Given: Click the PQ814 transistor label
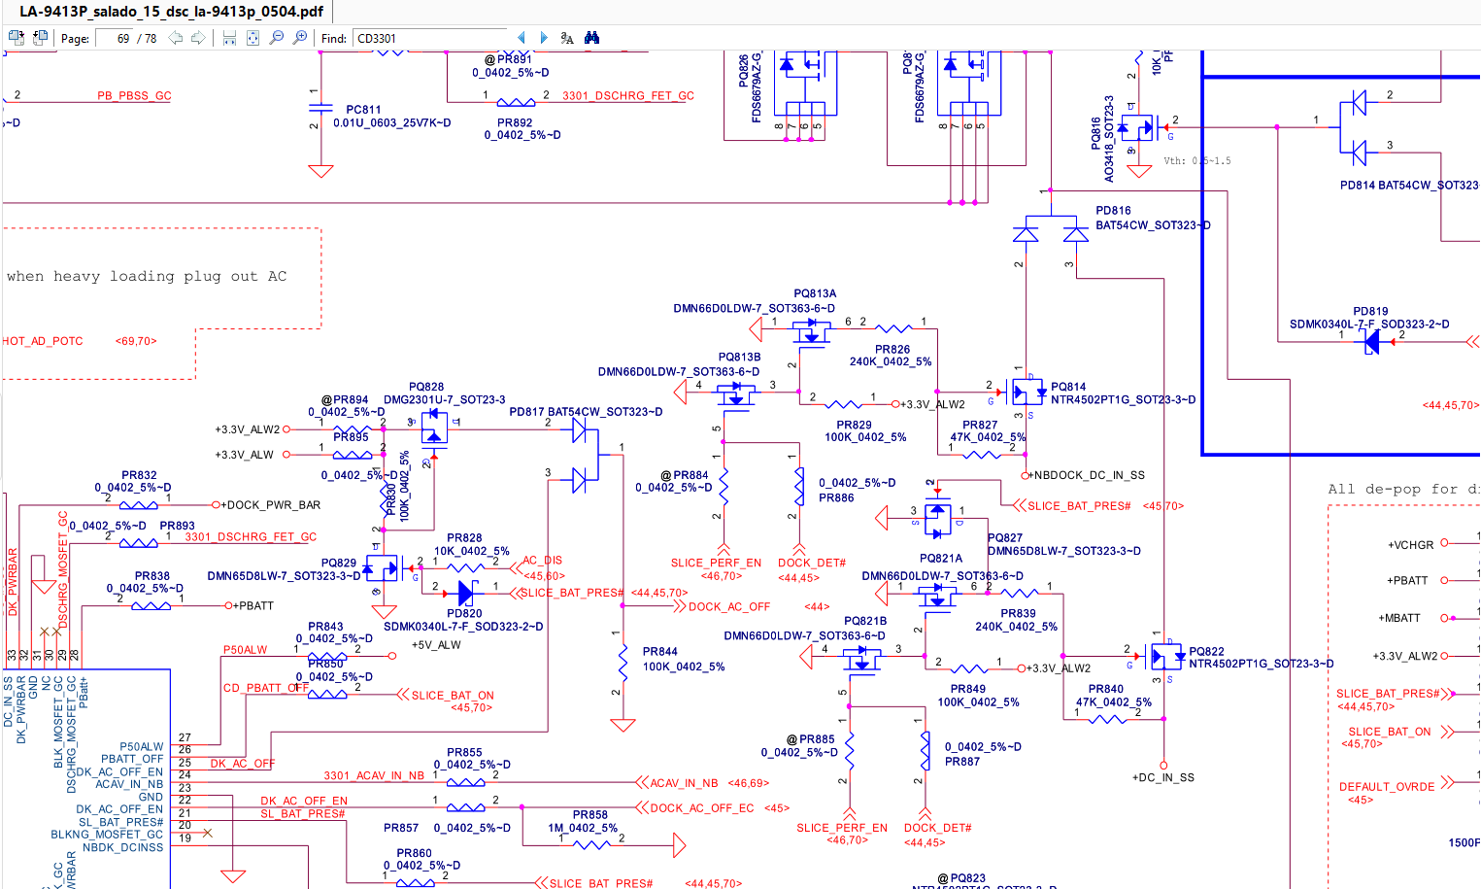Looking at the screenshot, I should click(1068, 387).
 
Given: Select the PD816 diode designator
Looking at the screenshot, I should click(1113, 211).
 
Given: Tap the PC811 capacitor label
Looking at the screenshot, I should click(363, 110).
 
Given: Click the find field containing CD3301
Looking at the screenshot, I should click(427, 39).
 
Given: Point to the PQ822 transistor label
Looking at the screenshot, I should click(1206, 652).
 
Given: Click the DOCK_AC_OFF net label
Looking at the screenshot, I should click(728, 607).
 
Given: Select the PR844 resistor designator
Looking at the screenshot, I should click(659, 652).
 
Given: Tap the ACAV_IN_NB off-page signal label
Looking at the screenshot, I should click(684, 783).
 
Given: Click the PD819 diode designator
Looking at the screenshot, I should click(1370, 312).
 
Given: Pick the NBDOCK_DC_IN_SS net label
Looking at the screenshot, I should click(1089, 476).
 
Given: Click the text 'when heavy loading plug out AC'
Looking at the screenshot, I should click(147, 277).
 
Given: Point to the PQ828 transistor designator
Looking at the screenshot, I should click(426, 387).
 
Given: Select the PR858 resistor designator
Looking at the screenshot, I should click(589, 815).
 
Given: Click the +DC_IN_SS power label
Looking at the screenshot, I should click(1162, 778).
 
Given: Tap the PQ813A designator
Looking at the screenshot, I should click(815, 293).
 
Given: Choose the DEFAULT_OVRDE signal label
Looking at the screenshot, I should click(1386, 787).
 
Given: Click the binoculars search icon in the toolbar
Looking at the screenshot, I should click(591, 39).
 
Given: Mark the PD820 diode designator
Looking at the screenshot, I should click(464, 614).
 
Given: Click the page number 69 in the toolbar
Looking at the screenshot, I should click(123, 39).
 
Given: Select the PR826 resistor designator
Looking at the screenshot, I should click(892, 350).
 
